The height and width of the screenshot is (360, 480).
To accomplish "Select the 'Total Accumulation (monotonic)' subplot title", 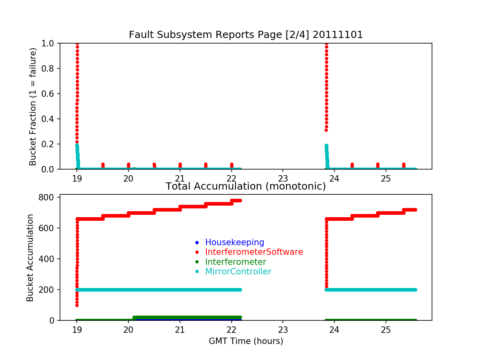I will pos(246,186).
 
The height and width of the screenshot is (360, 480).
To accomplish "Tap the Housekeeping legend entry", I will pos(234,242).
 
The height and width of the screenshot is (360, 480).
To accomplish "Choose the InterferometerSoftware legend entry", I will pos(254,252).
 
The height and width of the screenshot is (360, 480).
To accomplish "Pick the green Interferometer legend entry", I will pos(236,262).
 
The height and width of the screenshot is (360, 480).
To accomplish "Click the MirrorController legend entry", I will pos(238,272).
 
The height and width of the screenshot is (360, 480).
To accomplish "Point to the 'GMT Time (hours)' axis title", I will pos(246,341).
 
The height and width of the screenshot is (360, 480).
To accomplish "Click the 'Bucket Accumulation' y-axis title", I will pos(30,258).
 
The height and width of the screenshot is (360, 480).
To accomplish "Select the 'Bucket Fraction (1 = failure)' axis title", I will pos(33,106).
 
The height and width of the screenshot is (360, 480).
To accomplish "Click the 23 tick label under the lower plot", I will pos(283,330).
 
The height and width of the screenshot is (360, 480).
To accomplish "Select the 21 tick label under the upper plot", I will pos(180,178).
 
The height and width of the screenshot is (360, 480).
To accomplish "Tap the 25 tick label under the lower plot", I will pos(386,330).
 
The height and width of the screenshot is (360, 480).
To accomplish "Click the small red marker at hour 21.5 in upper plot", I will pos(206,164).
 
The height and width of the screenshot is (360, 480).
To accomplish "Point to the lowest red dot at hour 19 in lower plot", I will pos(77,305).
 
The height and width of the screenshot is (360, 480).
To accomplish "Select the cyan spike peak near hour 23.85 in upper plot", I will pos(326,146).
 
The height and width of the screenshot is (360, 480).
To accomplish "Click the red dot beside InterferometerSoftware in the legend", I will pos(196,252).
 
